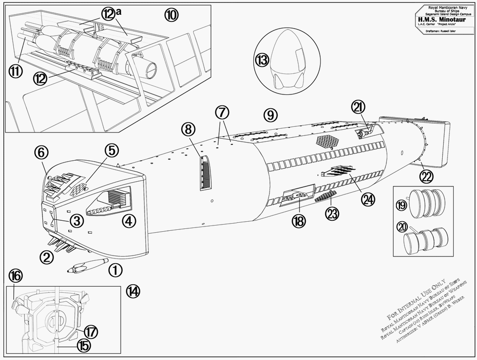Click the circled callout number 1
pyautogui.click(x=115, y=270)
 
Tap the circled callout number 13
pyautogui.click(x=261, y=60)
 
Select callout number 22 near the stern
pyautogui.click(x=426, y=176)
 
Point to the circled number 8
pyautogui.click(x=188, y=129)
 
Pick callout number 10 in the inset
pyautogui.click(x=171, y=15)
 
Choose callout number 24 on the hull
pyautogui.click(x=367, y=200)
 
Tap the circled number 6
pyautogui.click(x=41, y=153)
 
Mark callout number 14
pyautogui.click(x=134, y=291)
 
